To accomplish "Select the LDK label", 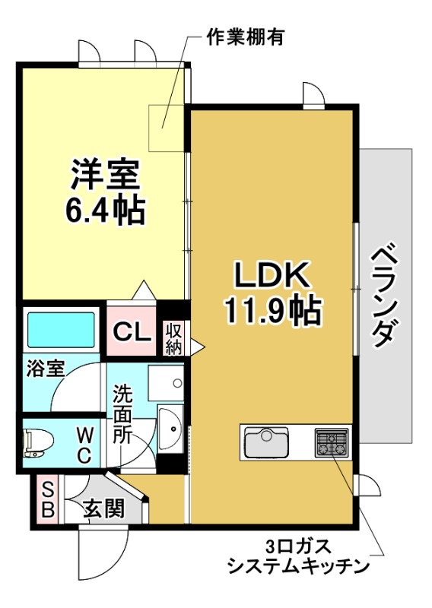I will (x=270, y=276).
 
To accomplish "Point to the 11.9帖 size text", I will (x=271, y=311).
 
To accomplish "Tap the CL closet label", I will (x=130, y=331).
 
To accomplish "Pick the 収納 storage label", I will (x=173, y=338).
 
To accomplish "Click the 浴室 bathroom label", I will (x=45, y=369).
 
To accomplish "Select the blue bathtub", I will (x=61, y=329).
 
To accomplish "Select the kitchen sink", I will (x=264, y=441).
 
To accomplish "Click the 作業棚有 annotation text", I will (x=245, y=37).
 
